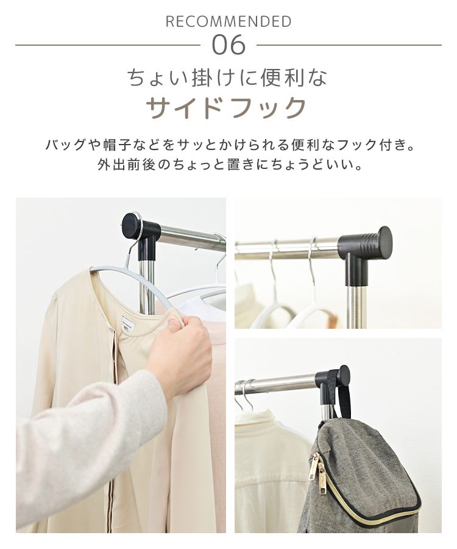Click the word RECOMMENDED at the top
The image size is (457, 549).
pos(228,22)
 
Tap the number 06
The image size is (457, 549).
pos(228,45)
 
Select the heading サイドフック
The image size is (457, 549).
pos(227,108)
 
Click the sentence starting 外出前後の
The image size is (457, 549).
pos(228,165)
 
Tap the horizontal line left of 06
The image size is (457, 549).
pos(107,45)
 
